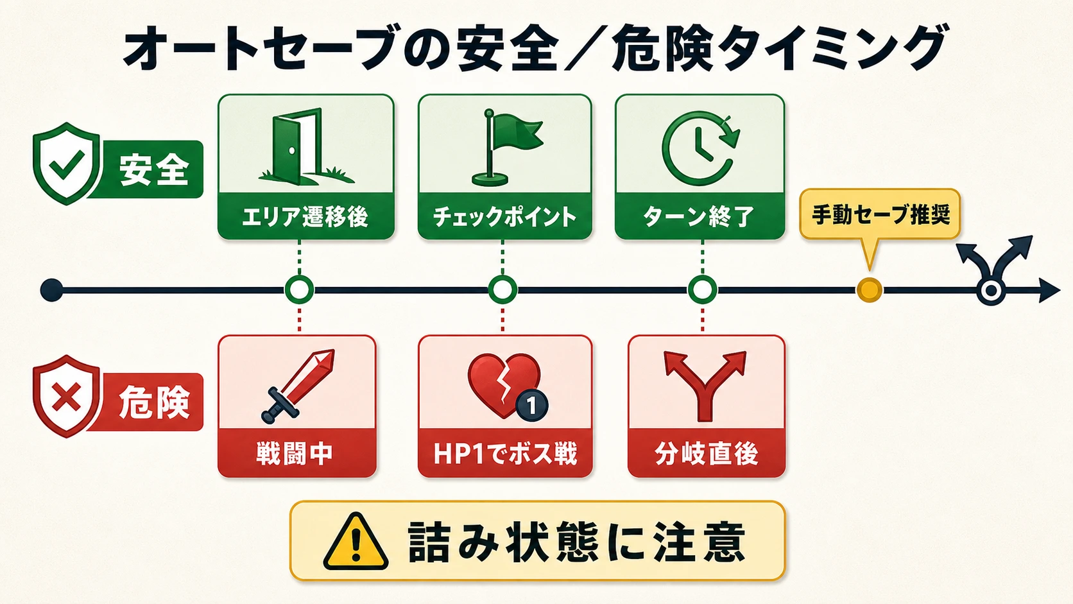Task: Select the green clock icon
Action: [x=700, y=148]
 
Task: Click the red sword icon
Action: [x=298, y=386]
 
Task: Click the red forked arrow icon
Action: [x=705, y=386]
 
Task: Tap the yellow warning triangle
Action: [x=356, y=541]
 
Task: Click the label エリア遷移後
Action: [x=305, y=217]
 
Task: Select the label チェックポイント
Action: [x=504, y=217]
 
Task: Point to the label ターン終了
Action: [x=699, y=217]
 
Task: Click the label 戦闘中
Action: [x=294, y=453]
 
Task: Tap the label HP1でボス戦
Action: [x=505, y=453]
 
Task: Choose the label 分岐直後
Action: [x=706, y=453]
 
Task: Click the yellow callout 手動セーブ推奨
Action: [x=880, y=214]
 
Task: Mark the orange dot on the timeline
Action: [x=869, y=289]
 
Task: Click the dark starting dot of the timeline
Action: [x=52, y=289]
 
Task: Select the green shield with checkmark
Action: [x=66, y=163]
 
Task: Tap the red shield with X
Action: [x=66, y=397]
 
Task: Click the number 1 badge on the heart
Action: [x=532, y=406]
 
